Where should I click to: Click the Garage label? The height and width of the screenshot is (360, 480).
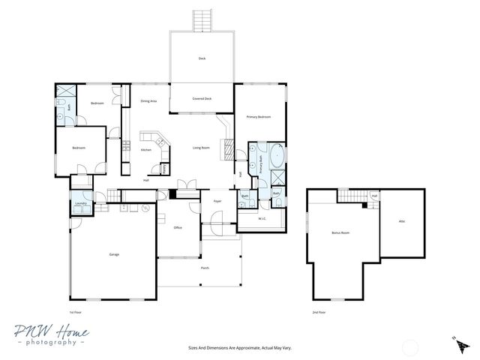tap(114, 254)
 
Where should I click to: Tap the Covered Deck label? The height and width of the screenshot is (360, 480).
tap(202, 98)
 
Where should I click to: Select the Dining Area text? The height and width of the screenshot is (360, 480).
tap(148, 100)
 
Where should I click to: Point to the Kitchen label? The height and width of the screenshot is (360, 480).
tap(146, 150)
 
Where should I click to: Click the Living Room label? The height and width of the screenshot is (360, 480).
tap(201, 148)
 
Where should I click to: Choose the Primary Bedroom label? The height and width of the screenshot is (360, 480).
tap(259, 117)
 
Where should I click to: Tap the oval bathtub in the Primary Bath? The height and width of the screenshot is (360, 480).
tap(277, 157)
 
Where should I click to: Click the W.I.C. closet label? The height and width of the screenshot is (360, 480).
tap(262, 219)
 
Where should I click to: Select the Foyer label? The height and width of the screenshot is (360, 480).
tap(217, 201)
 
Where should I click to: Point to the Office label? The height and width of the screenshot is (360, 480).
tap(178, 227)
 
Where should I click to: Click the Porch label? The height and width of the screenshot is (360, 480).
tap(205, 268)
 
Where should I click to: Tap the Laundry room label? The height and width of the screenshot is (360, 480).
tap(81, 202)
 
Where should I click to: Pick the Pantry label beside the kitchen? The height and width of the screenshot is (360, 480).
tap(164, 168)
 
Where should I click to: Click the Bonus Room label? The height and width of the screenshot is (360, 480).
tap(341, 233)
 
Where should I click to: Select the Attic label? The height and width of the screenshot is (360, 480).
tap(402, 221)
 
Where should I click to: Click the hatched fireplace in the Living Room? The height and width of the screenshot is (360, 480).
tap(223, 148)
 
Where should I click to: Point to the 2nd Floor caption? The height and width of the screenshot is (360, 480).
tap(319, 311)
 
